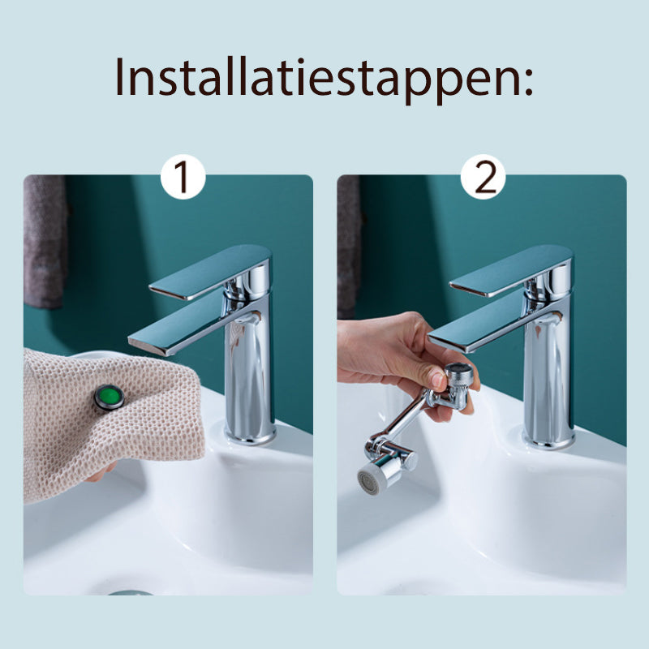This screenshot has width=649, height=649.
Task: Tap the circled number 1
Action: (x=183, y=177)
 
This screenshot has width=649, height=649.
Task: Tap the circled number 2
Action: (x=484, y=177)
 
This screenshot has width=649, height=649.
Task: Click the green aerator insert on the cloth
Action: (x=110, y=398)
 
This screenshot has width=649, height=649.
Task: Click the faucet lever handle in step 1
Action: (x=210, y=271)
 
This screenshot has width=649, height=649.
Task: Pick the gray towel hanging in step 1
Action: (x=45, y=242)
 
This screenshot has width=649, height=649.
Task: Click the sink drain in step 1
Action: (x=131, y=593)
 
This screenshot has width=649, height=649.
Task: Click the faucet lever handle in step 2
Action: (x=511, y=272)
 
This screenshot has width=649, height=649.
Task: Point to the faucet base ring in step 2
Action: (x=549, y=439)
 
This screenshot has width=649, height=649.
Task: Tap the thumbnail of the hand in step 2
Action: (x=435, y=378)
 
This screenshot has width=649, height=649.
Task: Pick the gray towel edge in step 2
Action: (x=348, y=247)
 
